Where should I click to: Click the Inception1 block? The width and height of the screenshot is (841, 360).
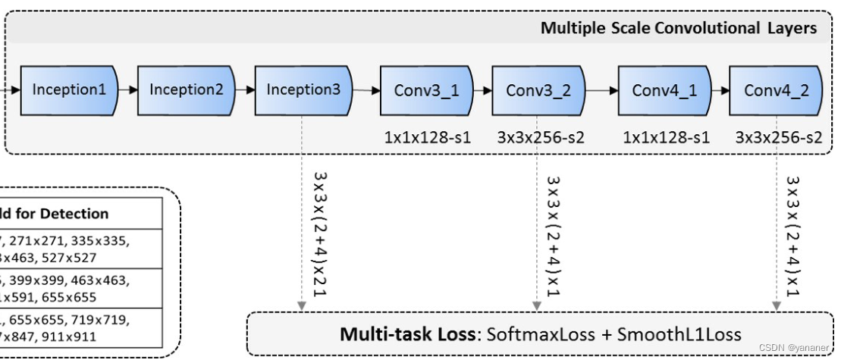pyautogui.click(x=69, y=90)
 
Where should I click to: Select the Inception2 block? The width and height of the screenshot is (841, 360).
pyautogui.click(x=187, y=90)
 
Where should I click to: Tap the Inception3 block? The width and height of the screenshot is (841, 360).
pyautogui.click(x=303, y=90)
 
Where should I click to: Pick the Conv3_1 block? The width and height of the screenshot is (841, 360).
pyautogui.click(x=426, y=91)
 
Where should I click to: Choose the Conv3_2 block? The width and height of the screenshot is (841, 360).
pyautogui.click(x=538, y=91)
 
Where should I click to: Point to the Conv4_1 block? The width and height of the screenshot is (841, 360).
pyautogui.click(x=664, y=91)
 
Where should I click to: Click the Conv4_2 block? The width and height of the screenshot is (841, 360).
pyautogui.click(x=776, y=91)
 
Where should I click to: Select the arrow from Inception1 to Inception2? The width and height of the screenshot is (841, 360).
pyautogui.click(x=127, y=90)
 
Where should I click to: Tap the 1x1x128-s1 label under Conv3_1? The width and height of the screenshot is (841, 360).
pyautogui.click(x=426, y=137)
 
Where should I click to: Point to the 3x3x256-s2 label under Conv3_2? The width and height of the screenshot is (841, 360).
pyautogui.click(x=541, y=137)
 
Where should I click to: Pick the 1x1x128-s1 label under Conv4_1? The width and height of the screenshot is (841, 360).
pyautogui.click(x=666, y=137)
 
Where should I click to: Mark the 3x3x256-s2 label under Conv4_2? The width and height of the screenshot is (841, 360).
pyautogui.click(x=778, y=137)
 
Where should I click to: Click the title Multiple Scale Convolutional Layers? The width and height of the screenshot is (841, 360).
pyautogui.click(x=678, y=29)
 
